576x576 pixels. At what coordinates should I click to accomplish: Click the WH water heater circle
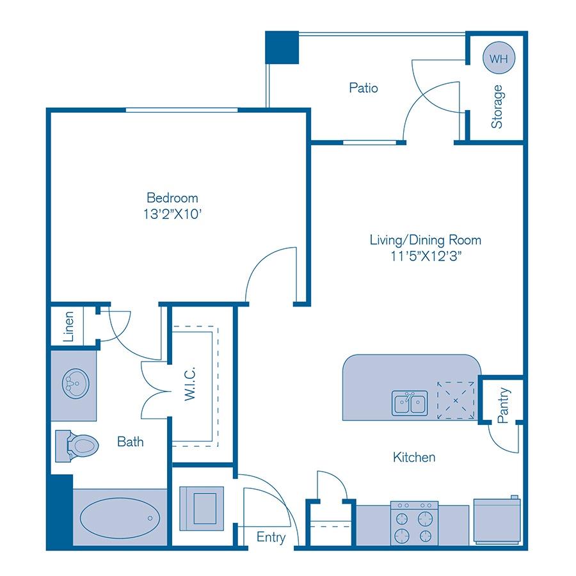pyautogui.click(x=498, y=58)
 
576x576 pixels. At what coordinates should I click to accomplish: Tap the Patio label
pyautogui.click(x=363, y=88)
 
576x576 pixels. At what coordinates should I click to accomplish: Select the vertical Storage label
pyautogui.click(x=497, y=107)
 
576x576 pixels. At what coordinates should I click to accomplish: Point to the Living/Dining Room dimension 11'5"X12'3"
pyautogui.click(x=425, y=256)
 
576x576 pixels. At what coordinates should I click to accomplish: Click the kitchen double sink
pyautogui.click(x=410, y=402)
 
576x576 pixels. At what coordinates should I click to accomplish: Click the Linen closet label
pyautogui.click(x=69, y=325)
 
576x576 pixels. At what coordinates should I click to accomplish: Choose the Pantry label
pyautogui.click(x=503, y=405)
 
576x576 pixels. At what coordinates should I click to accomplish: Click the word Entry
pyautogui.click(x=271, y=538)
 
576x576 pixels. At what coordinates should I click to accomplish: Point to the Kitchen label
pyautogui.click(x=414, y=457)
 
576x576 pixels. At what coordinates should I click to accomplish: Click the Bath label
pyautogui.click(x=130, y=442)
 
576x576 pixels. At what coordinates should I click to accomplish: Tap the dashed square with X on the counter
pyautogui.click(x=456, y=400)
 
